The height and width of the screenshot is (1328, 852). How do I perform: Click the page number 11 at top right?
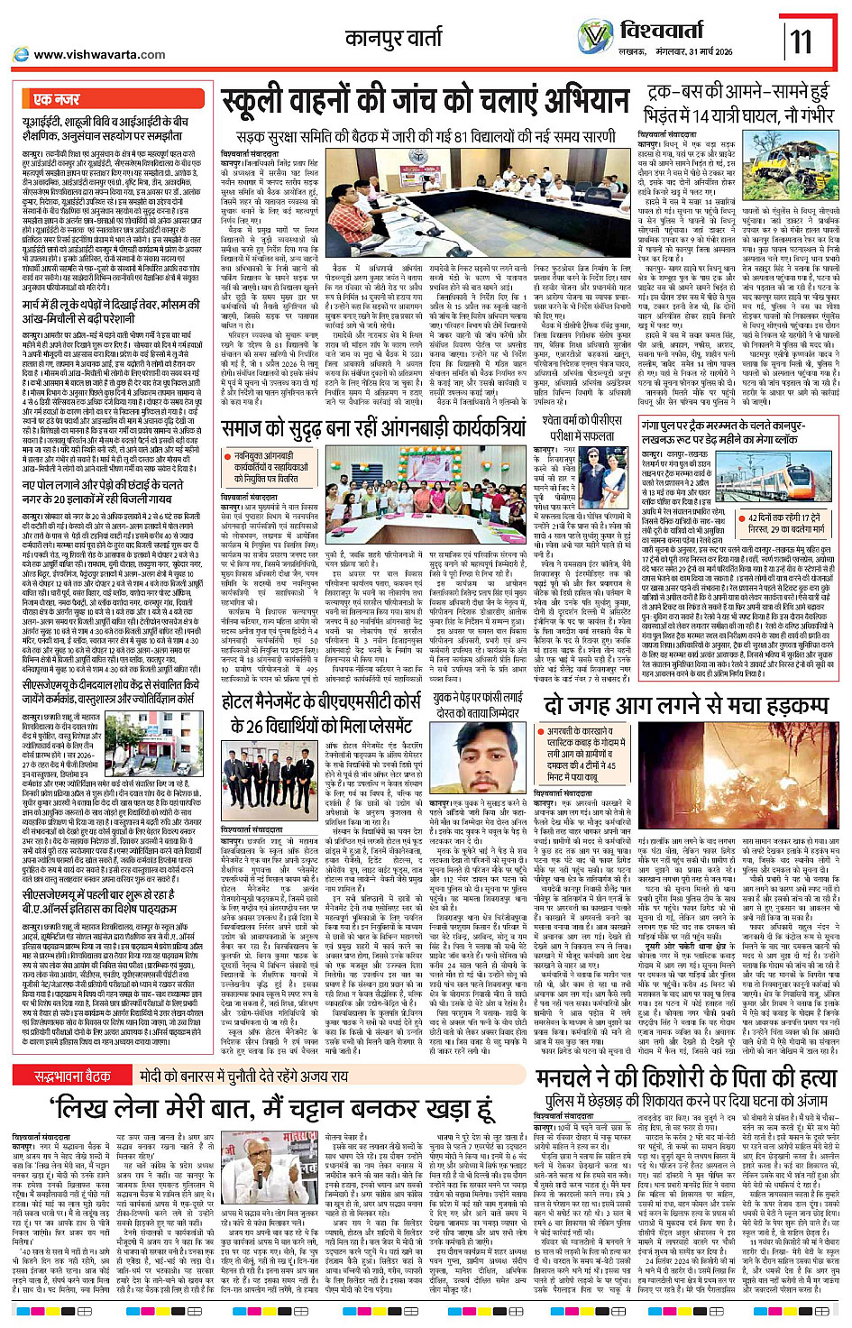[801, 40]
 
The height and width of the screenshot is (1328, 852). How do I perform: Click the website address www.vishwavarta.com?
[99, 55]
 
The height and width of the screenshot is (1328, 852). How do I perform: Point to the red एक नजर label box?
[56, 98]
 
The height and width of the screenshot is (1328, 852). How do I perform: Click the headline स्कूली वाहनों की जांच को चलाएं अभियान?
[425, 100]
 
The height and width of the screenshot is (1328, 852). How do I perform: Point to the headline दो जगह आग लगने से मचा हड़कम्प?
[686, 705]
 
